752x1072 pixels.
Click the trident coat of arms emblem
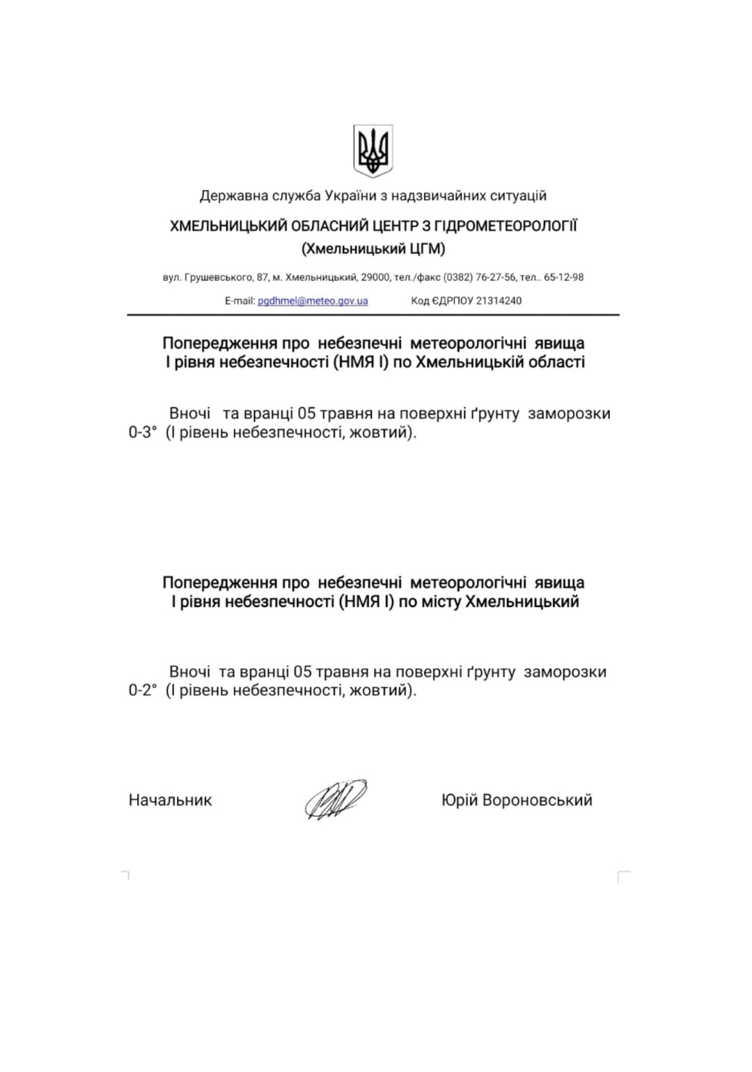click(373, 150)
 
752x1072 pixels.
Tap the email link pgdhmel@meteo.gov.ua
click(313, 301)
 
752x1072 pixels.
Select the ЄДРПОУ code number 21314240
click(499, 301)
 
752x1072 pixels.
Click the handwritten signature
click(335, 799)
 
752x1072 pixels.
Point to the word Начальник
click(170, 800)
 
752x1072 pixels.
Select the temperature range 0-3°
click(143, 432)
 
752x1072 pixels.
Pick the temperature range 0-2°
click(143, 691)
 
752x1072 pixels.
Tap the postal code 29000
click(375, 277)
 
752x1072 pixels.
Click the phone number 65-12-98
click(563, 277)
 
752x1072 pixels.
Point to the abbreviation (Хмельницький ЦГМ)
click(373, 249)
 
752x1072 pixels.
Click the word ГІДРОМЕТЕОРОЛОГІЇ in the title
click(506, 226)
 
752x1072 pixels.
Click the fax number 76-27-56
click(496, 277)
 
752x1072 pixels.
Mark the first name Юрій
click(460, 800)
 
